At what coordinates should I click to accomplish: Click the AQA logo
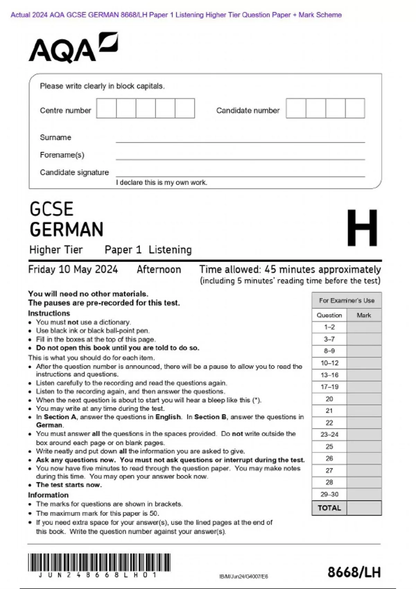[73, 48]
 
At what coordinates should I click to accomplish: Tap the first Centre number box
[106, 108]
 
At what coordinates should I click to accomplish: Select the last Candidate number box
[355, 108]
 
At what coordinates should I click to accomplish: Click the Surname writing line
[240, 140]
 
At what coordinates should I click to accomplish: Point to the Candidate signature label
[74, 173]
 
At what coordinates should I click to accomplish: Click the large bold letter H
[362, 228]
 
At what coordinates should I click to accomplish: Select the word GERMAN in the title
[67, 229]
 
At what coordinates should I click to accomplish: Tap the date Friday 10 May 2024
[73, 270]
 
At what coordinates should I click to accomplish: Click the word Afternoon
[159, 270]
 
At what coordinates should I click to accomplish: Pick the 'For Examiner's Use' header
[346, 300]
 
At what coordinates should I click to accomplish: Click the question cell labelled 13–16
[329, 375]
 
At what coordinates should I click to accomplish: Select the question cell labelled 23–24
[329, 434]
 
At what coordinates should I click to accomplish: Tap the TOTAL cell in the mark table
[329, 508]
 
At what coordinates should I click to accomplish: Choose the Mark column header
[364, 315]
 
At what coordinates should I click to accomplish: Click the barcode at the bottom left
[99, 563]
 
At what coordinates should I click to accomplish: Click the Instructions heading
[49, 313]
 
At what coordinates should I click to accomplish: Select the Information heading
[48, 495]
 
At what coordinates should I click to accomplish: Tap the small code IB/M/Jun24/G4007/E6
[243, 577]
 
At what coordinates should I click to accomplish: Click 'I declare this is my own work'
[162, 183]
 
